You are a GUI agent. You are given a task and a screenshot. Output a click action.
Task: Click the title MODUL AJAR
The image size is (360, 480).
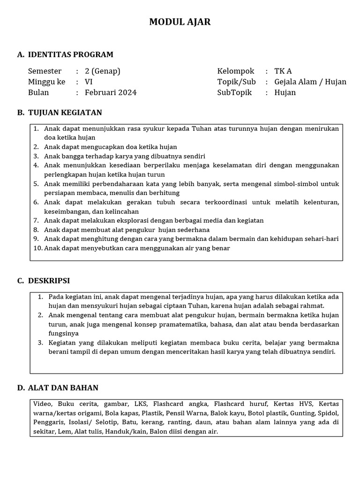tap(180, 22)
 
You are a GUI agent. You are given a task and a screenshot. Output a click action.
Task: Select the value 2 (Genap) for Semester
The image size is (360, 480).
tap(102, 71)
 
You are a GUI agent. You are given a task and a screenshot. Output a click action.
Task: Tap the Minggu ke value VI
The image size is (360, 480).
tap(89, 82)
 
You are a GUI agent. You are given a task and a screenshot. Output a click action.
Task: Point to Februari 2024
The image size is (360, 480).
tap(111, 92)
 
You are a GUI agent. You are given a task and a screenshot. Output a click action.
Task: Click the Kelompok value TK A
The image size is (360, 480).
tap(283, 71)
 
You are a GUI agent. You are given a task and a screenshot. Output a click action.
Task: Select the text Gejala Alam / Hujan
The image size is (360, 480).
tap(310, 82)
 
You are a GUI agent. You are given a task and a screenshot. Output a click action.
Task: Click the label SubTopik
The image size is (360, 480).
tap(234, 92)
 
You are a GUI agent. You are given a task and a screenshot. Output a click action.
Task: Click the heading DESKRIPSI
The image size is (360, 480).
tap(49, 280)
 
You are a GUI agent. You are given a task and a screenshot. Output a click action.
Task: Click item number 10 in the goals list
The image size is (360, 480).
tap(37, 248)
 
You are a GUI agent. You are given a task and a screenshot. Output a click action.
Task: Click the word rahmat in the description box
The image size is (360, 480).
tap(314, 306)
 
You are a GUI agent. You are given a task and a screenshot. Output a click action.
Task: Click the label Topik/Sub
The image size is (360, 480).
tap(236, 82)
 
